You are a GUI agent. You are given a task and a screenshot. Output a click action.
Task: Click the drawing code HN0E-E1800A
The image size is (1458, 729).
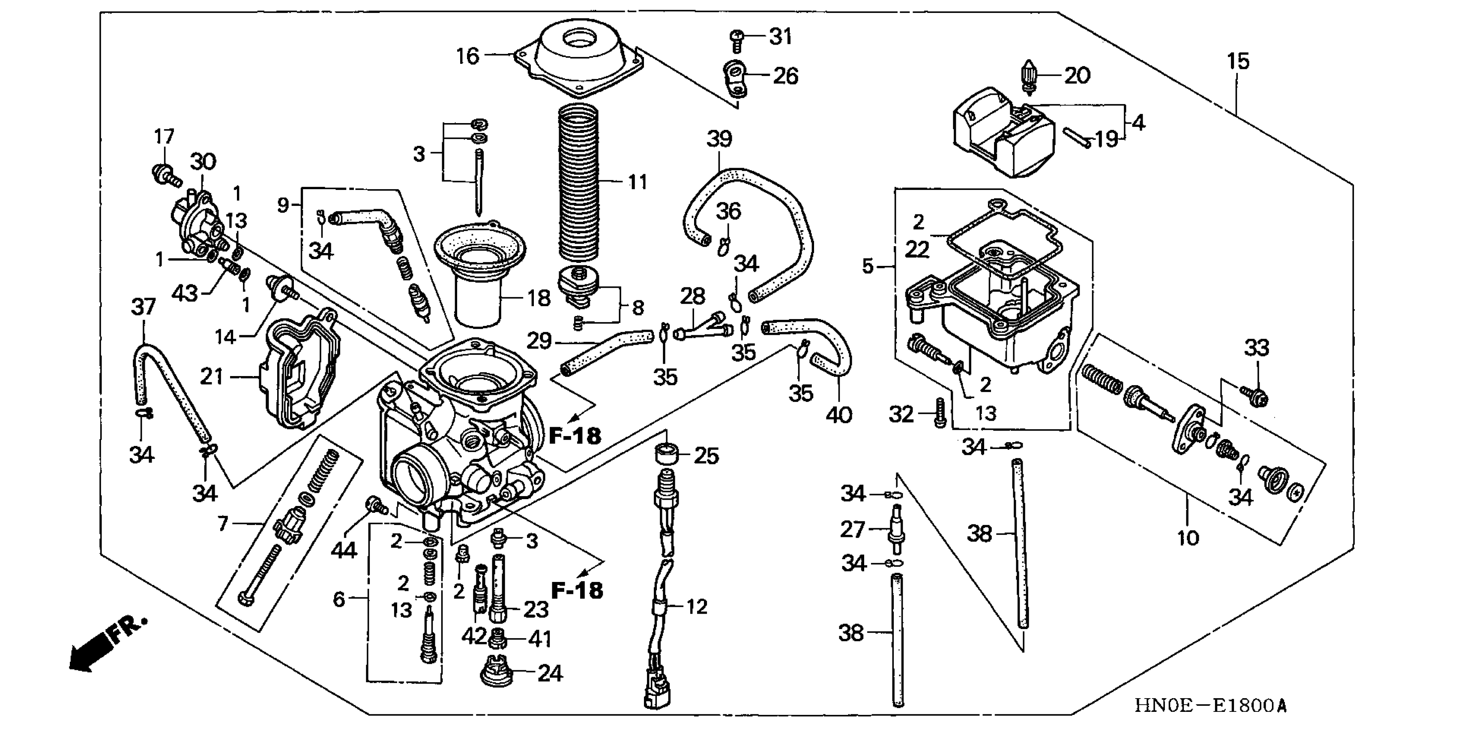tap(1210, 706)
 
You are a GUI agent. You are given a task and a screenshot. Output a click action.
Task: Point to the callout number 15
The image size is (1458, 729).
tap(1238, 61)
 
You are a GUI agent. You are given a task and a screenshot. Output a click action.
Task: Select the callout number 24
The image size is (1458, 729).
tap(550, 674)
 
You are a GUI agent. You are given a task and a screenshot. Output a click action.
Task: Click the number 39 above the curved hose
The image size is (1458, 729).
tap(719, 139)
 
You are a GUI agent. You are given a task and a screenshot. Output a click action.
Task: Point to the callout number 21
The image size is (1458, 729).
tap(212, 377)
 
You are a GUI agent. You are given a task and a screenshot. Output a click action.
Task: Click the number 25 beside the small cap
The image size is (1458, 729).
tap(707, 455)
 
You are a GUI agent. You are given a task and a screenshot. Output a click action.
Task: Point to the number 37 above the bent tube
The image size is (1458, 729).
tap(143, 307)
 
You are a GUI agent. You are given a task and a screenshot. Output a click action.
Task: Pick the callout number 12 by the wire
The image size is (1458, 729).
tap(696, 607)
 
